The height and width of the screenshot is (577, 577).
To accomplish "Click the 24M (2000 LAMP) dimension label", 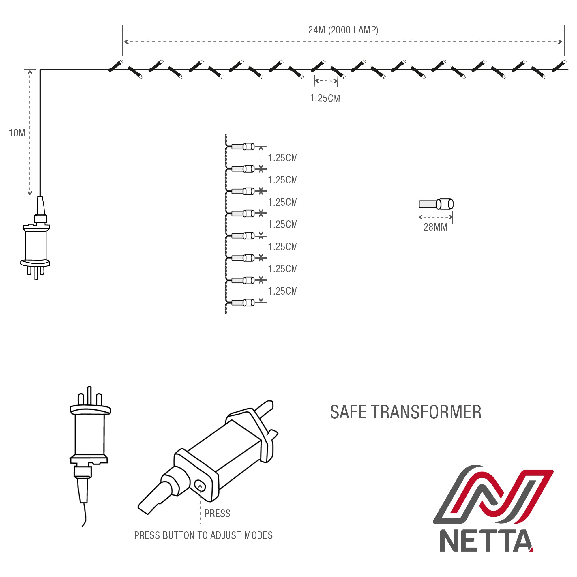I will (343, 30).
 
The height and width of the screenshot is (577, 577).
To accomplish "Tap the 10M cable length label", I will (17, 133).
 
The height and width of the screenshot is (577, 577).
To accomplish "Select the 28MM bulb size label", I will (435, 227).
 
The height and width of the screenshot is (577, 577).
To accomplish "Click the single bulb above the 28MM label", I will (436, 204).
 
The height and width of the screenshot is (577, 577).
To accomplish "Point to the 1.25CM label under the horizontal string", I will (325, 98).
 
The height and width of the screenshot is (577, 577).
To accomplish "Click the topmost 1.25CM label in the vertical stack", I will (283, 158).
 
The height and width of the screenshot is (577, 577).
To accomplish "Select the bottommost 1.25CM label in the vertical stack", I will (283, 291).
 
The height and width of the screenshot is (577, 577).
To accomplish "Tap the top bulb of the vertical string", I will (243, 147).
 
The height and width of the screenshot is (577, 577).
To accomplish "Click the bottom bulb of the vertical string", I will (243, 303).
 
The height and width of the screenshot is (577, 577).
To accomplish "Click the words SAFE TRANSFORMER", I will (406, 413).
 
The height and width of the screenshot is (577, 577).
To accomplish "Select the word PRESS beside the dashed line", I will (217, 514).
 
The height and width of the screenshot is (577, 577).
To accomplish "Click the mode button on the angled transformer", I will (200, 485).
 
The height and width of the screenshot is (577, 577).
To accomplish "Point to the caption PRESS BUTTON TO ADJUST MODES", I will (203, 535).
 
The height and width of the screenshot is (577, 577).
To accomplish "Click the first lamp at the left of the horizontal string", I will (116, 66).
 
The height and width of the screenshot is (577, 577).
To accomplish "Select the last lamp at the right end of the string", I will (559, 66).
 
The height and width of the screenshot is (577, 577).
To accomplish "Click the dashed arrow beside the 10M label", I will (30, 133).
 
